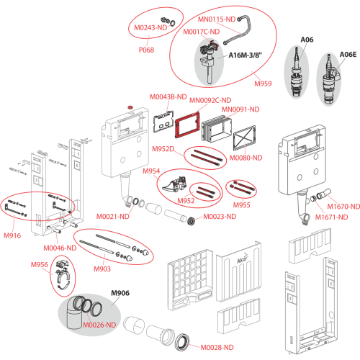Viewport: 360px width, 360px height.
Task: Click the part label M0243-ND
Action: tap(150, 27)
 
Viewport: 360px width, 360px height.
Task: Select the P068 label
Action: tap(146, 50)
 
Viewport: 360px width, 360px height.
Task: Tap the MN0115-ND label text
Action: tap(217, 19)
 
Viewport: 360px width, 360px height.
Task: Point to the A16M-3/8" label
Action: tap(245, 55)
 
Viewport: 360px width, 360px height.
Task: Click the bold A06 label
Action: tap(307, 40)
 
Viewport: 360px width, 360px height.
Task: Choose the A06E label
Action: tap(348, 55)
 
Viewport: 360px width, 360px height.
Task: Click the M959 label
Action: tap(263, 84)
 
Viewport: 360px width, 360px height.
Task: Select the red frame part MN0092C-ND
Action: tap(187, 125)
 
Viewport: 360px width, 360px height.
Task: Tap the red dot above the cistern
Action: tap(130, 107)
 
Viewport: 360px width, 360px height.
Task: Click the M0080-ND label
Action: tap(246, 158)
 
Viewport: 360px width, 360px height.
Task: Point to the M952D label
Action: tap(163, 149)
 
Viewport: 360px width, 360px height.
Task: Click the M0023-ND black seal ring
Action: tap(192, 221)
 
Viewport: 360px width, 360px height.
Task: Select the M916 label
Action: tap(12, 235)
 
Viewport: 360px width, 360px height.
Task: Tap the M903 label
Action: tap(102, 269)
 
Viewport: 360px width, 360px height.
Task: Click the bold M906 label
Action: tap(120, 293)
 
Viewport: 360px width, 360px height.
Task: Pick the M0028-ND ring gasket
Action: tap(182, 343)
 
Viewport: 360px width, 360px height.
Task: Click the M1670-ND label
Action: tap(343, 207)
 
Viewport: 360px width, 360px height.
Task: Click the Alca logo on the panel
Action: tap(243, 259)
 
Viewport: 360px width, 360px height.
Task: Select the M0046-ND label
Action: tap(60, 248)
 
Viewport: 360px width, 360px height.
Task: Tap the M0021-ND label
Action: tap(113, 217)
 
